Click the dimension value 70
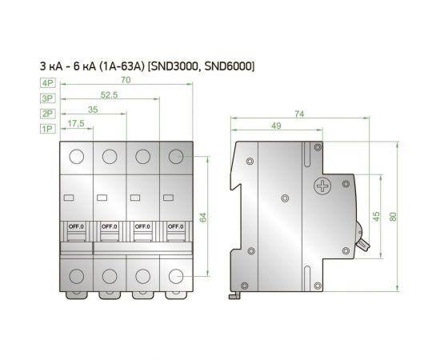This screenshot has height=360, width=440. [126, 80]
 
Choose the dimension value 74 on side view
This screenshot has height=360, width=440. [299, 114]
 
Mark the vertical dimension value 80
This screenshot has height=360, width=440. [393, 218]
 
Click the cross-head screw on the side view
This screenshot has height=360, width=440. [322, 188]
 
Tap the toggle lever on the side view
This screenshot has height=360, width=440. [362, 240]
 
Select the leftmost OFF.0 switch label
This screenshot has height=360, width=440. [77, 226]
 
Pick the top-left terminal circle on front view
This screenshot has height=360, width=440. [77, 157]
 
